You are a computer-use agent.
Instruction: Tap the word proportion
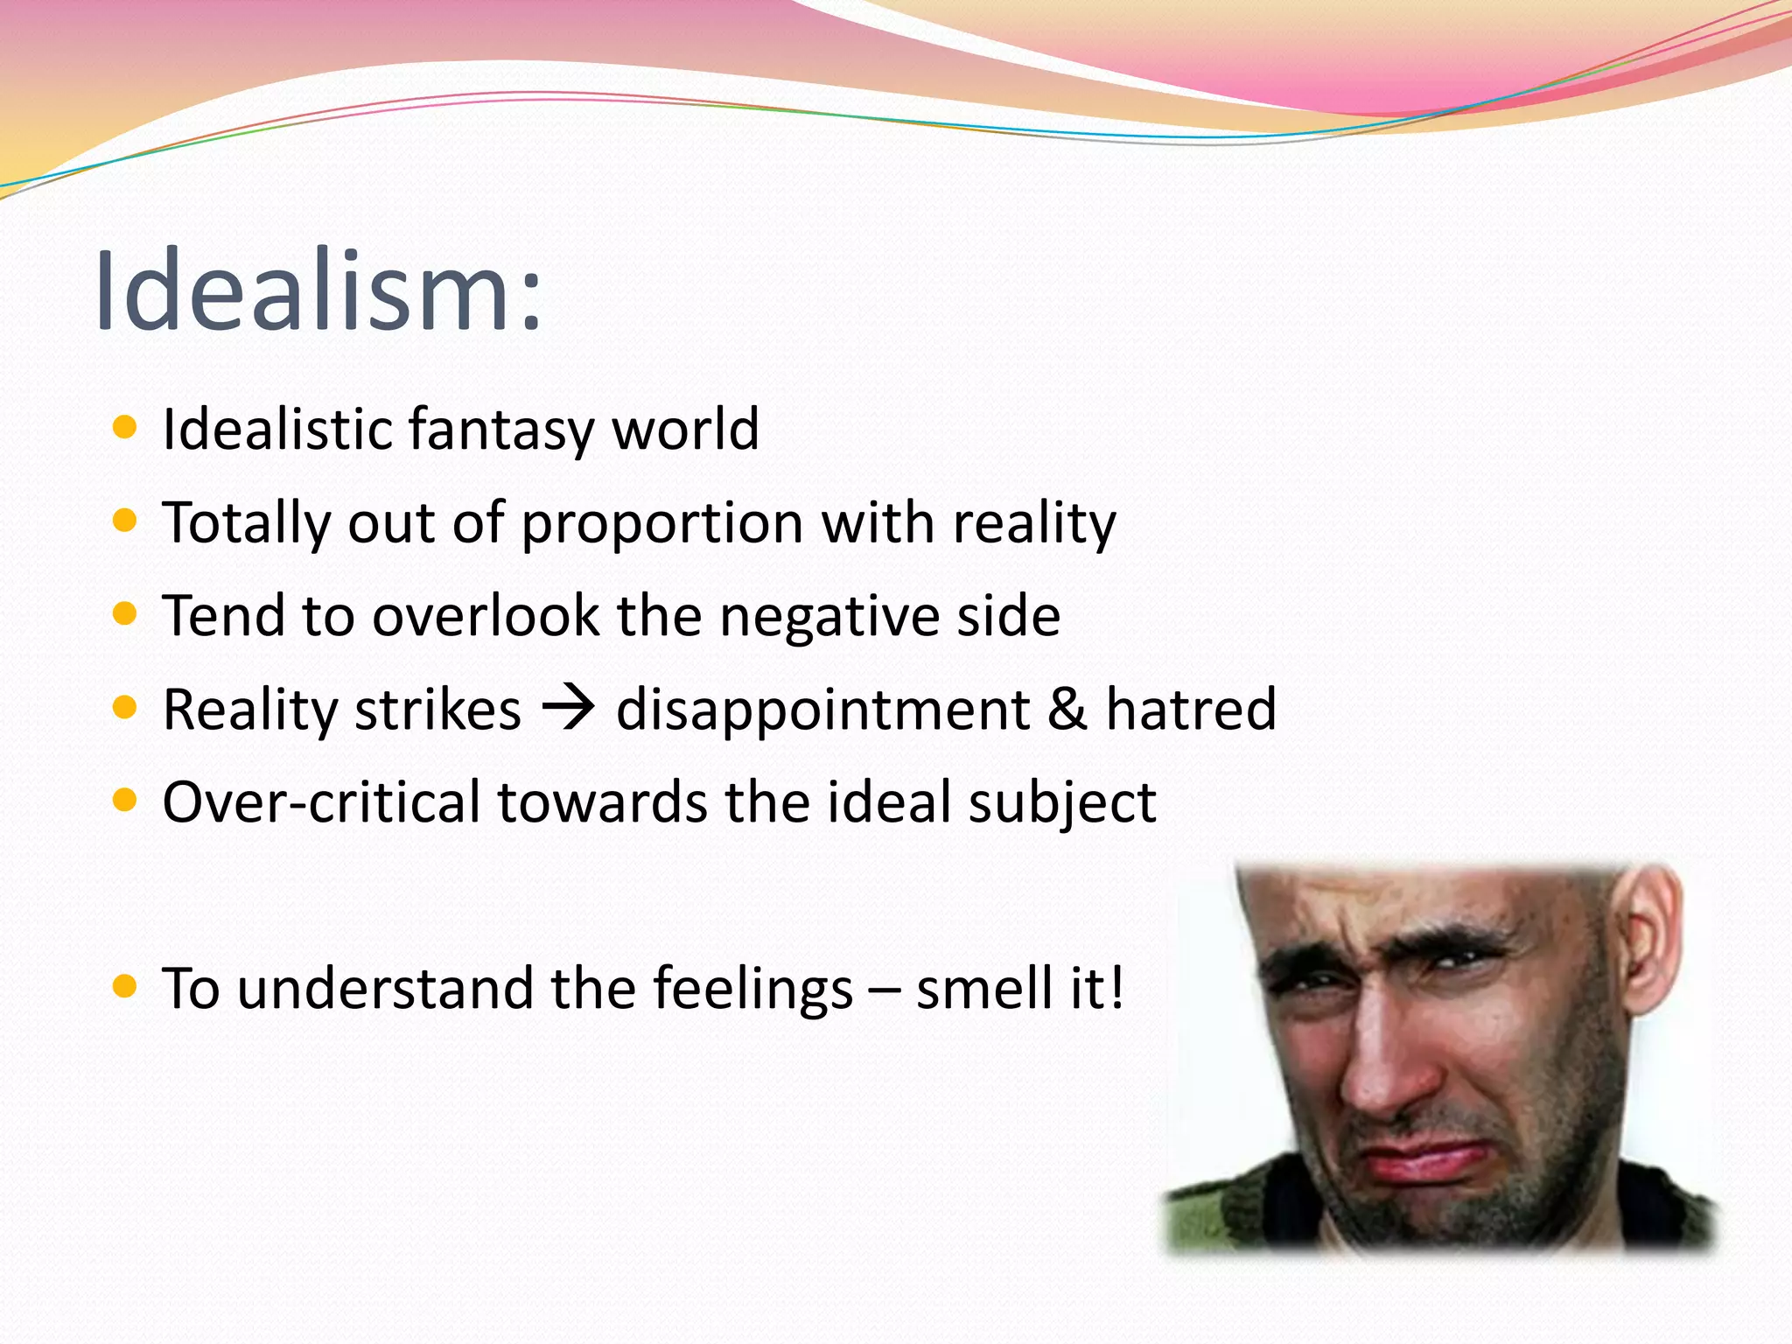[x=661, y=523]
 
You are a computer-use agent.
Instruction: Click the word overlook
[x=486, y=615]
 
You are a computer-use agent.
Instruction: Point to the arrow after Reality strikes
[x=568, y=707]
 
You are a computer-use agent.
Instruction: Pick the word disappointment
[x=822, y=710]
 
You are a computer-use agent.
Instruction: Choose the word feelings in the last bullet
[x=752, y=989]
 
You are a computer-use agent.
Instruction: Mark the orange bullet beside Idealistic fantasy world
[x=126, y=428]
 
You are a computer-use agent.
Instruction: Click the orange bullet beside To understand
[x=126, y=987]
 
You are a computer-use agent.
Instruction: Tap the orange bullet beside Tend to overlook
[x=126, y=614]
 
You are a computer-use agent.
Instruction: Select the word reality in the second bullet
[x=1034, y=523]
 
